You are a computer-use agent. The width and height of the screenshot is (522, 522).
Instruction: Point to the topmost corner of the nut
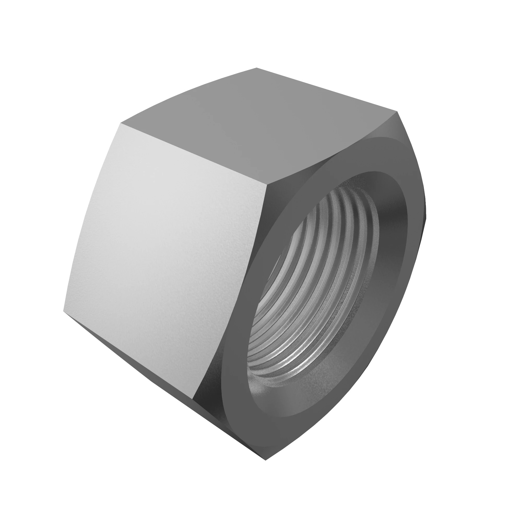256,68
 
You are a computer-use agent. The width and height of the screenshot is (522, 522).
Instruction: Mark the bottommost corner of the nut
266,460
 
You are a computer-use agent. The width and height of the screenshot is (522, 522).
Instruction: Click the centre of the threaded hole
313,284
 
